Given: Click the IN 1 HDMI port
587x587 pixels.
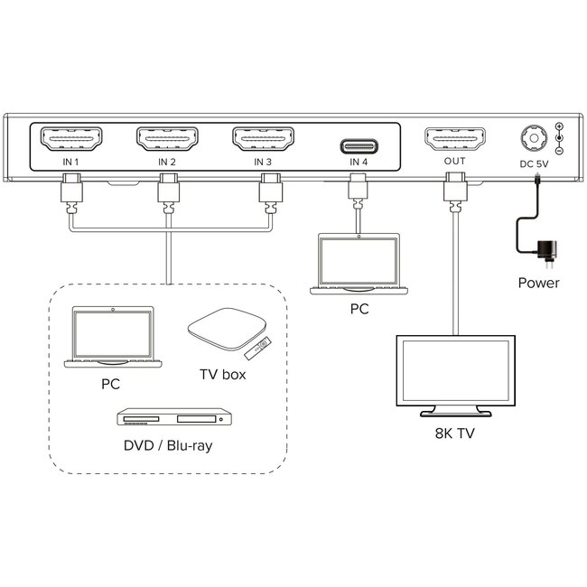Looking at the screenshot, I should click(71, 140).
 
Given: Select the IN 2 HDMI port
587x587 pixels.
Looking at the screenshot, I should click(167, 140).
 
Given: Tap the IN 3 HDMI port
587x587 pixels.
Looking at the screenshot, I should click(263, 140).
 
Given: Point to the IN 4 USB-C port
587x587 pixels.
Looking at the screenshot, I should click(359, 145).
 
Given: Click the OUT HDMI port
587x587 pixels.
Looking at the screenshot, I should click(454, 140).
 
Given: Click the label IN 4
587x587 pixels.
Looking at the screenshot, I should click(359, 163).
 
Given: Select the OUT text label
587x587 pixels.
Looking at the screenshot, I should click(454, 163).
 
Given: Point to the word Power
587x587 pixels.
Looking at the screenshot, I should click(538, 283).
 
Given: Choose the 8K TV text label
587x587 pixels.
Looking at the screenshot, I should click(454, 433).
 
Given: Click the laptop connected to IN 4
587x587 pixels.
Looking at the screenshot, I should click(359, 264).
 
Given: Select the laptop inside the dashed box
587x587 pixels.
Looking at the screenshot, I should click(113, 336).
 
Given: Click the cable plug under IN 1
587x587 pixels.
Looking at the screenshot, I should click(71, 193).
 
